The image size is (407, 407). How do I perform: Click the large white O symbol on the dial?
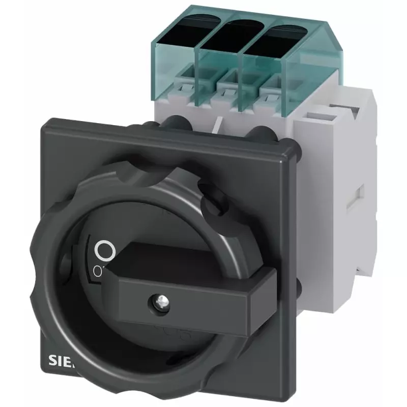103,250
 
